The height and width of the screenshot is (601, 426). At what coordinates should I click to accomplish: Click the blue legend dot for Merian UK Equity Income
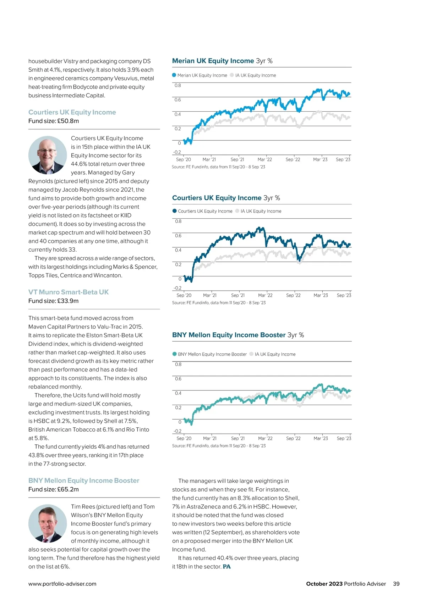174,75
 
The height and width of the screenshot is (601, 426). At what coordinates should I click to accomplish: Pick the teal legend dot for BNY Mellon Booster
174,354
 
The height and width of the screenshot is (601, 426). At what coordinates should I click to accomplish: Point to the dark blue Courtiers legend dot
174,211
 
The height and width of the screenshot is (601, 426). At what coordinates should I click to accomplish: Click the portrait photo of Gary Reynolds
48,155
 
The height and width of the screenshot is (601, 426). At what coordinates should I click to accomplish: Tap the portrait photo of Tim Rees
48,524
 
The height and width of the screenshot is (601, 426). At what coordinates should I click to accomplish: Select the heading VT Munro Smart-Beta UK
69,292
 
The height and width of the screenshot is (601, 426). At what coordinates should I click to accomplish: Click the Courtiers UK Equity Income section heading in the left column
72,112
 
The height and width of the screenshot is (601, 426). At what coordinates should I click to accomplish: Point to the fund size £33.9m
54,301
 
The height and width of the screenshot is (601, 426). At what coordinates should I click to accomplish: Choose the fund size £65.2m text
54,489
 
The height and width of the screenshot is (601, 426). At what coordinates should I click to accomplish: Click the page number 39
396,584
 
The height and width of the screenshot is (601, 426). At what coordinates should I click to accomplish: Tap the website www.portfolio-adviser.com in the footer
62,584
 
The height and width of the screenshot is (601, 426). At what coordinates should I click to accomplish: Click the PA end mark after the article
226,567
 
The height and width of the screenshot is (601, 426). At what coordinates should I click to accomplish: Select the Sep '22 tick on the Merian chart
293,159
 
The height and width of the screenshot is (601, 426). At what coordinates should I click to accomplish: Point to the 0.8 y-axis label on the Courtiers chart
178,221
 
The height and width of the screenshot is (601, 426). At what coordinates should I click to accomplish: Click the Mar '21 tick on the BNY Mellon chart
210,438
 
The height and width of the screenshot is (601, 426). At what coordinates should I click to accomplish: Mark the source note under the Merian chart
218,167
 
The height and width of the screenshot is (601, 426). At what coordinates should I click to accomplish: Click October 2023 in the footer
324,584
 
